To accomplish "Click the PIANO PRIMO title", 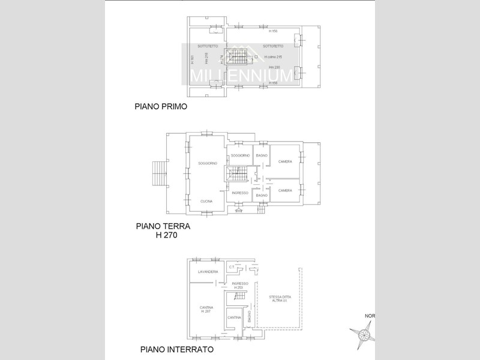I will click(161, 107).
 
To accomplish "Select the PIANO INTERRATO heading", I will click(176, 349).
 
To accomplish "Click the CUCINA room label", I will click(206, 201).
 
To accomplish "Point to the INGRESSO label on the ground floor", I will click(240, 193).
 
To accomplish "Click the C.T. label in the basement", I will click(232, 266).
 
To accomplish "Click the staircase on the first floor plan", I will click(239, 57).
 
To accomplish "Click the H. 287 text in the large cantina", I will click(206, 311).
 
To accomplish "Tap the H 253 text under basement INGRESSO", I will click(238, 287).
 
